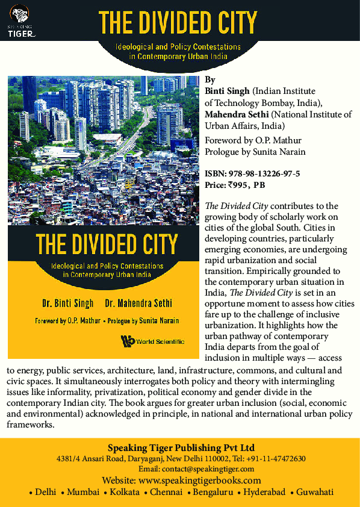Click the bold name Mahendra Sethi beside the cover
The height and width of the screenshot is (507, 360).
(x=239, y=114)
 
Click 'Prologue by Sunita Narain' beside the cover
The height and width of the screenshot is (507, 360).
(x=256, y=151)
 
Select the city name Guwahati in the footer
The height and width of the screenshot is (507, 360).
(x=314, y=492)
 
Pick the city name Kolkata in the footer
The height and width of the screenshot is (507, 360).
(x=125, y=492)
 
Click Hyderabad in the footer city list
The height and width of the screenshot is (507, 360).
(x=263, y=492)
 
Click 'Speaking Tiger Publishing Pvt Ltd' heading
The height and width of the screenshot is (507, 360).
(x=181, y=447)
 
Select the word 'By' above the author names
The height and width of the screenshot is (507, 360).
(x=209, y=79)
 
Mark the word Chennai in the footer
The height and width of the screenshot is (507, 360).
(x=166, y=492)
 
